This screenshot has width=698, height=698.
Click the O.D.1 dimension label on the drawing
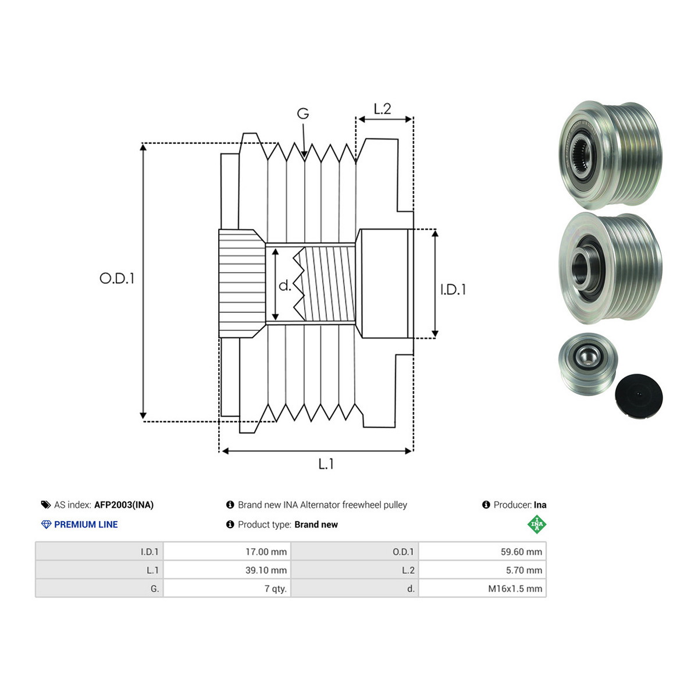click(x=117, y=278)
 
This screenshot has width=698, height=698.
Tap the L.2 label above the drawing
click(x=382, y=109)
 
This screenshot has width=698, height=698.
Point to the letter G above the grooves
click(x=303, y=113)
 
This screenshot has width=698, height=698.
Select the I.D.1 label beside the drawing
click(x=453, y=290)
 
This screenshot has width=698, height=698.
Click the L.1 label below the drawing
click(x=326, y=464)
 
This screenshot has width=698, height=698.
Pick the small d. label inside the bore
click(x=284, y=286)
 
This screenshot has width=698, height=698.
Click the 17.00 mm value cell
click(x=227, y=551)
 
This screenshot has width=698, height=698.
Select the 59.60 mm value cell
click(x=482, y=551)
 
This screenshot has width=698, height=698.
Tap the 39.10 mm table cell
click(x=227, y=570)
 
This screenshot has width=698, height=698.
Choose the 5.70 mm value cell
click(x=482, y=570)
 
